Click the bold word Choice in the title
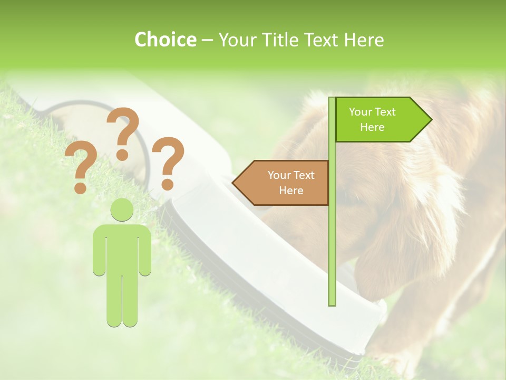(165, 40)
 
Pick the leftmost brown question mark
(81, 168)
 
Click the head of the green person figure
(122, 210)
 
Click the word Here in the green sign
(372, 127)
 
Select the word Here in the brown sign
(291, 191)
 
